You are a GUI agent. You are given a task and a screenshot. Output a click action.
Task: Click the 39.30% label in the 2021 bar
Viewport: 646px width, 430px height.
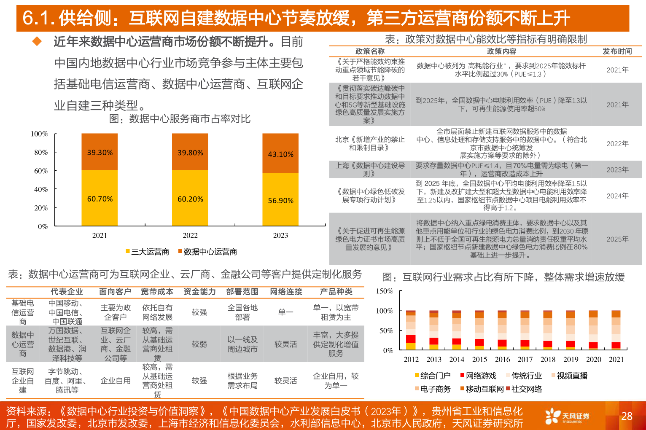[x=100, y=153]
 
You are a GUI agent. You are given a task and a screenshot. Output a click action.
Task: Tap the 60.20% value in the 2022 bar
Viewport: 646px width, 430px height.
[x=190, y=199]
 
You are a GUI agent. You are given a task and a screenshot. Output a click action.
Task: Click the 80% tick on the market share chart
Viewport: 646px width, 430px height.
[x=41, y=152]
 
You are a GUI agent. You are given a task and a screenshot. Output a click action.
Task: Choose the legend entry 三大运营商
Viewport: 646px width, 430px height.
[x=147, y=252]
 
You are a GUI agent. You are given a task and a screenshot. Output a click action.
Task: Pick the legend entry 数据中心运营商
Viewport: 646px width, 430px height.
[x=207, y=252]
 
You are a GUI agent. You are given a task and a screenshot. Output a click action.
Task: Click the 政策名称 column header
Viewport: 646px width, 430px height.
[x=370, y=51]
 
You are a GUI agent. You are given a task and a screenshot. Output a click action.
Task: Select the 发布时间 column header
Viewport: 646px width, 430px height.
[x=617, y=51]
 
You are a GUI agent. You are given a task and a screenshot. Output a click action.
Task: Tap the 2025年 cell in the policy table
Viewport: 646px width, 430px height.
[x=617, y=239]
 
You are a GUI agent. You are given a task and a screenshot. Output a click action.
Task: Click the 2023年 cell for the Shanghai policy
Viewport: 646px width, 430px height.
[x=617, y=169]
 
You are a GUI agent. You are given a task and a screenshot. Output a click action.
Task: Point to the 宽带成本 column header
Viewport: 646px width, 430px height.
[x=157, y=292]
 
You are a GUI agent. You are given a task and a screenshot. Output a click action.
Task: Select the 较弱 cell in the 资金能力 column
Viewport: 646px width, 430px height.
[x=199, y=344]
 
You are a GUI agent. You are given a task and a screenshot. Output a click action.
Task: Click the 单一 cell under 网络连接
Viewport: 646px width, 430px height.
[x=285, y=312]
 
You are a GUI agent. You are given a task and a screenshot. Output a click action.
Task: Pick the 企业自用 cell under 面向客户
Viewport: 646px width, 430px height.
[x=116, y=381]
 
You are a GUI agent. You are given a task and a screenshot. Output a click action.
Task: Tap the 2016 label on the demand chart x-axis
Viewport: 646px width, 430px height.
[x=502, y=359]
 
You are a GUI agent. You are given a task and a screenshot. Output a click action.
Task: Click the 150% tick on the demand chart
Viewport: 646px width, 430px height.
[x=384, y=291]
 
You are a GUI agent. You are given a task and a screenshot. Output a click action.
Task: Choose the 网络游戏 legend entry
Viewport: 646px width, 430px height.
[x=478, y=376]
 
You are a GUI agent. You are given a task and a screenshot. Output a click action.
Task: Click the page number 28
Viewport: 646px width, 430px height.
[x=627, y=416]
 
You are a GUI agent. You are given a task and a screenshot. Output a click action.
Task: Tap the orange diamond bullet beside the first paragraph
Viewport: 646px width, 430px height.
[x=37, y=41]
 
